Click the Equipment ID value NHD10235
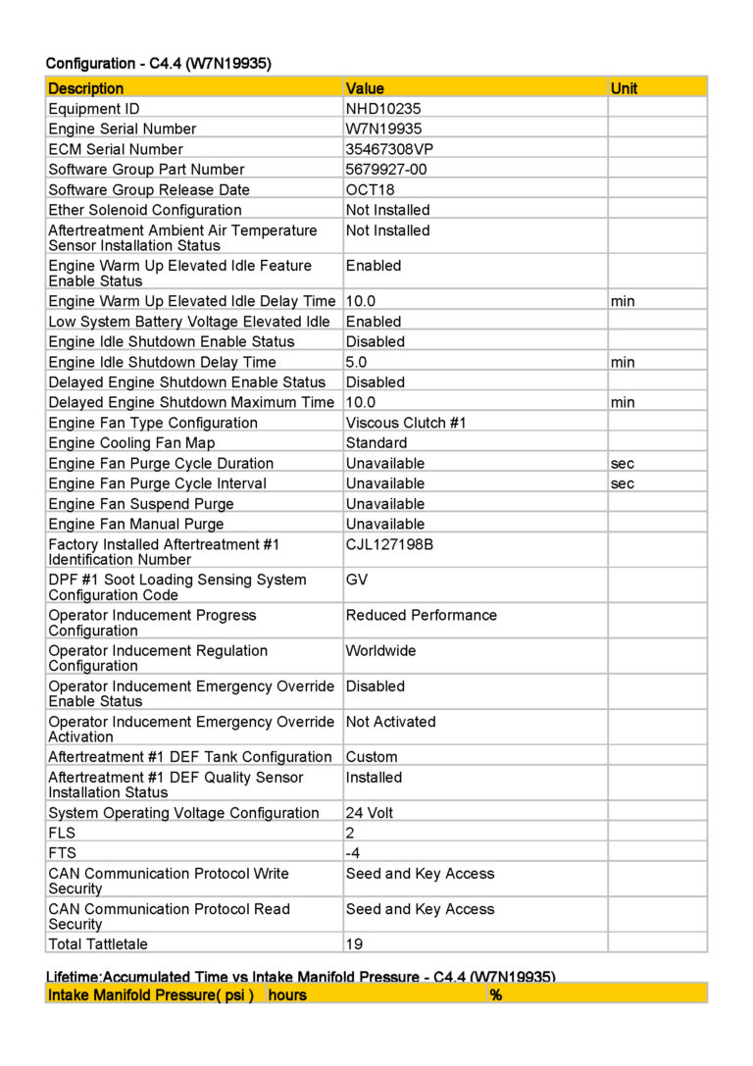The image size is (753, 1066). coord(383,109)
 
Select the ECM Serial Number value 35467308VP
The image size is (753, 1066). coord(388,149)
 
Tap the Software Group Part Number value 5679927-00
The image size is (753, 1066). coord(386,170)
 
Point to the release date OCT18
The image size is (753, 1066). coord(371,190)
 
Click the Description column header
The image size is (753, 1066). coord(86,88)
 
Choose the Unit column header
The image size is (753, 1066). coord(624,88)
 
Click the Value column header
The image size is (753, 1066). coord(365,88)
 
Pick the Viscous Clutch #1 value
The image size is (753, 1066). coord(406,423)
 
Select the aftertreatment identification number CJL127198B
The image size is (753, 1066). coord(389,544)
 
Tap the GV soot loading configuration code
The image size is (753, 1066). coord(357,580)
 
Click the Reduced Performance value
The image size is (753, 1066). coord(421,615)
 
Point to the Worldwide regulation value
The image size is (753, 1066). coord(380,650)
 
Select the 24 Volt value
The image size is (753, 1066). coord(370,813)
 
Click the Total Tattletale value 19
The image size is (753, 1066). coord(354,944)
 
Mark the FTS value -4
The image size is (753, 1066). coord(354,853)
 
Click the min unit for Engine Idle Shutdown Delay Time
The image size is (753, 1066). coord(622,362)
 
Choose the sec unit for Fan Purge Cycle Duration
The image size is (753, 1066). coord(622,463)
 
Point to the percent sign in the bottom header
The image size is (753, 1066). coord(496,995)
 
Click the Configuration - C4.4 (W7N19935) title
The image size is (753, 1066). coord(158,64)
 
